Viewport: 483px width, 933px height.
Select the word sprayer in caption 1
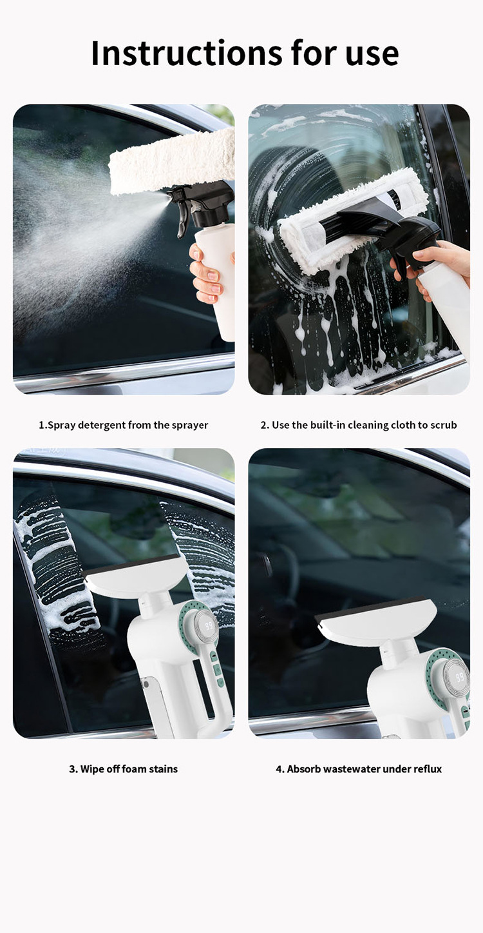187,426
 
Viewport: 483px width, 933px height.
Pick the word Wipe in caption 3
92,769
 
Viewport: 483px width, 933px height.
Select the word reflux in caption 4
427,769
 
